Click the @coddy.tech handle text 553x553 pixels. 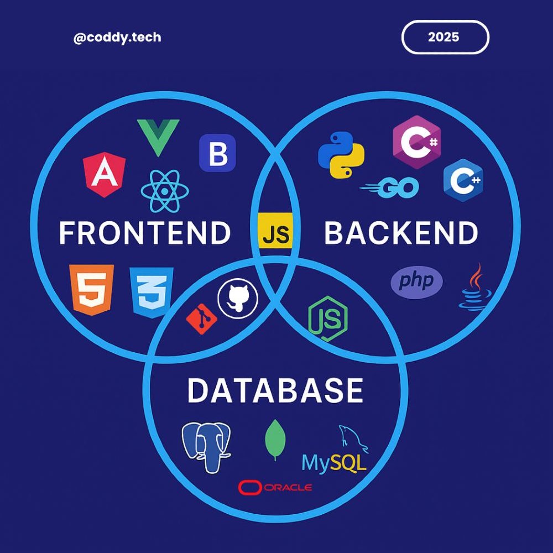coord(117,38)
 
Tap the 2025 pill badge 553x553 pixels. coord(445,38)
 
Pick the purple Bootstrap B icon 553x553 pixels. coord(217,153)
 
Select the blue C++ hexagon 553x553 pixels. coord(463,180)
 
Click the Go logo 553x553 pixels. coord(389,188)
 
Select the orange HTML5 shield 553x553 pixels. coord(91,289)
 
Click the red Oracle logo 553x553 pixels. coord(275,487)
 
